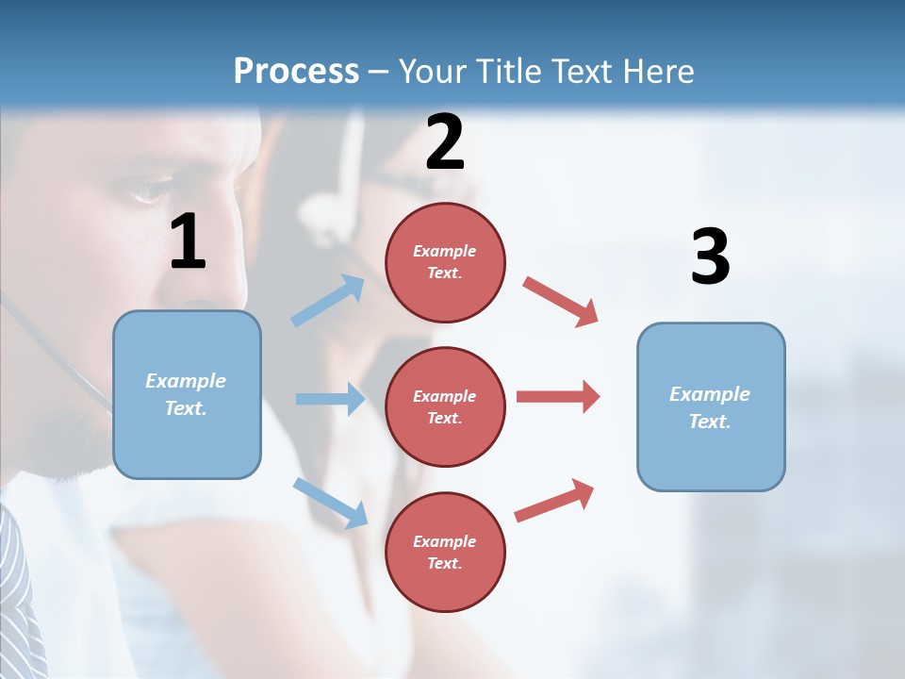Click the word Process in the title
[296, 71]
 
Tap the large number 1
[188, 242]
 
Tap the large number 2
[445, 142]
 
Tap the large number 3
[710, 257]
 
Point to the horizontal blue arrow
[330, 399]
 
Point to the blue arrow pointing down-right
[331, 502]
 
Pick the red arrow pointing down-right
[561, 301]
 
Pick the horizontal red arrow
[558, 396]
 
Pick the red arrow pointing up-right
[554, 500]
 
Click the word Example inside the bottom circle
[445, 541]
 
